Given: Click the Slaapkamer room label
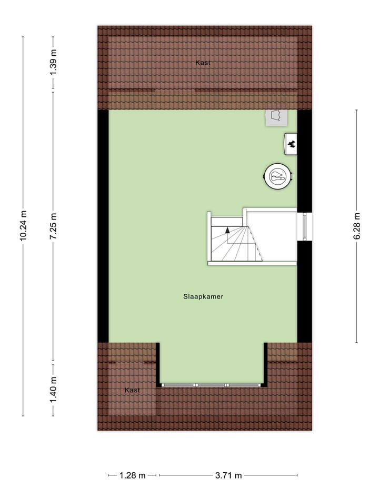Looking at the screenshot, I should [x=203, y=296].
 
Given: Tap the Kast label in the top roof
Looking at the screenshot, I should [x=203, y=63].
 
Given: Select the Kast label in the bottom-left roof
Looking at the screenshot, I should [x=133, y=390].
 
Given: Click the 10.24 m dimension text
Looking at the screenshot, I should [x=23, y=225].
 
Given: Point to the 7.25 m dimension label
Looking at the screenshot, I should [x=53, y=225].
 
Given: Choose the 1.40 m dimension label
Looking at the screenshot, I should [x=53, y=390].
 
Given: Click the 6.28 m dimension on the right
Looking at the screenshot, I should [x=357, y=225].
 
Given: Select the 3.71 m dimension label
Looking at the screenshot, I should [x=228, y=475].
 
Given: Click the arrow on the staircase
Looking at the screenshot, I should [x=227, y=230].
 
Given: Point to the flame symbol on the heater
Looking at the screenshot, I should [x=291, y=144].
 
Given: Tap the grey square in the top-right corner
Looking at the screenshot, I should [x=276, y=117].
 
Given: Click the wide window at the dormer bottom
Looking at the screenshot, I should [x=212, y=385].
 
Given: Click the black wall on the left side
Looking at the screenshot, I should [x=103, y=225].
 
